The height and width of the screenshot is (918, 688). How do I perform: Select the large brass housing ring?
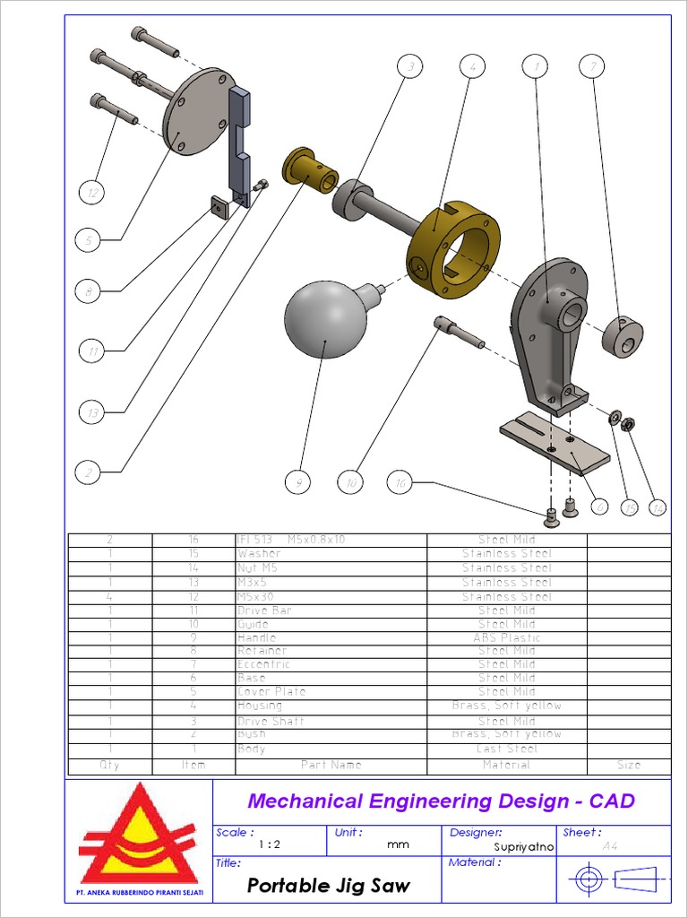point(452,251)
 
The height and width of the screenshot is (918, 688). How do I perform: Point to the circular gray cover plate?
point(197,112)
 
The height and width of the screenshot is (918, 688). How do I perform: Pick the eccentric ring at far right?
point(623,336)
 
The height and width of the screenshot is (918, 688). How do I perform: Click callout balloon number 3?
point(409,66)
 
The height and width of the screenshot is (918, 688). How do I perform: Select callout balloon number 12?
point(90,192)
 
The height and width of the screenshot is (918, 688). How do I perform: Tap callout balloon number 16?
point(400,483)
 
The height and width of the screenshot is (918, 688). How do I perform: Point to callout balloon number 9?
point(298,482)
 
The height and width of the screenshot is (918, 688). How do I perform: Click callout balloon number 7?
point(591,66)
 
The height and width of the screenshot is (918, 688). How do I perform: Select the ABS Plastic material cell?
point(507,637)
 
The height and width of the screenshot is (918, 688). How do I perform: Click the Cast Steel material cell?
point(507,749)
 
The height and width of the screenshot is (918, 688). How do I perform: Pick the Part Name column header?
point(331,766)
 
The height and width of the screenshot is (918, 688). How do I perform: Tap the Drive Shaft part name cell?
point(271,721)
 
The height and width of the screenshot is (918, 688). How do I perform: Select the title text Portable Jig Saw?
point(328,886)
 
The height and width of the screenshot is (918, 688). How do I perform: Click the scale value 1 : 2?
point(269,844)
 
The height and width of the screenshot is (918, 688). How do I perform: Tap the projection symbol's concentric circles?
point(588,879)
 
